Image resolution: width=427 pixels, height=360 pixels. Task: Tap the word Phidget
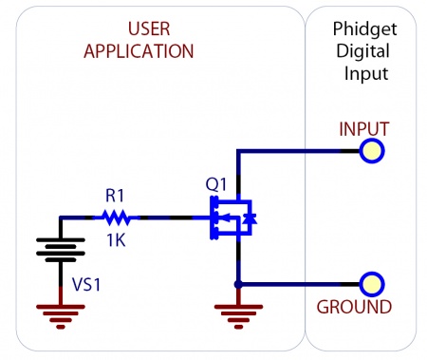pyautogui.click(x=364, y=29)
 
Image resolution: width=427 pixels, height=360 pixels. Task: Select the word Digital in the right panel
pyautogui.click(x=364, y=50)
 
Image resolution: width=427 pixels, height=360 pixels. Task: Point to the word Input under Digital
pyautogui.click(x=364, y=72)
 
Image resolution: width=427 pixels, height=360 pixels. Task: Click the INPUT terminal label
pyautogui.click(x=363, y=127)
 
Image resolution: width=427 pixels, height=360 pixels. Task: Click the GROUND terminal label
pyautogui.click(x=354, y=308)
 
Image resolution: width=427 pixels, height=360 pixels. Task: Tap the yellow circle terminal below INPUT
pyautogui.click(x=372, y=150)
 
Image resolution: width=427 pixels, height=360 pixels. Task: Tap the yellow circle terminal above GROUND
pyautogui.click(x=372, y=284)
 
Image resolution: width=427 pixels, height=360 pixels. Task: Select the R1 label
pyautogui.click(x=115, y=195)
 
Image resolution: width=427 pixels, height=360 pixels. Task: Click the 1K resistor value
pyautogui.click(x=115, y=240)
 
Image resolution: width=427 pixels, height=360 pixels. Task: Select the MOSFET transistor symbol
pyautogui.click(x=231, y=218)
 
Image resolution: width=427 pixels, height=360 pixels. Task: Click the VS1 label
pyautogui.click(x=88, y=284)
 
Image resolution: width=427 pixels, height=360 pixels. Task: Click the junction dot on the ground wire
pyautogui.click(x=236, y=284)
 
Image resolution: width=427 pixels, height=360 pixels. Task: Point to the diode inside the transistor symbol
pyautogui.click(x=249, y=218)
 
